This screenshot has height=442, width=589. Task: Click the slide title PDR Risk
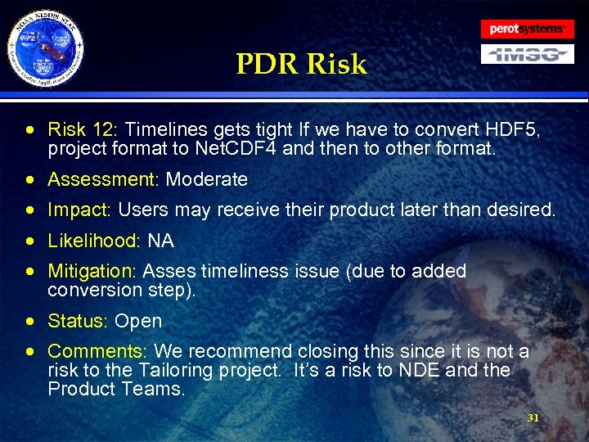[301, 64]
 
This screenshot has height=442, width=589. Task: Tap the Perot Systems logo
[528, 29]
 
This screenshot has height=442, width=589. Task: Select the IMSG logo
[528, 55]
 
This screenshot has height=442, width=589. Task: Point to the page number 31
[533, 417]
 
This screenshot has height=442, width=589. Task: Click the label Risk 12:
[83, 129]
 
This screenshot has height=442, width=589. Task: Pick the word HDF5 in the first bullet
[513, 129]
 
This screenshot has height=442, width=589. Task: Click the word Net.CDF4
[236, 148]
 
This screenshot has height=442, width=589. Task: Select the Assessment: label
[104, 179]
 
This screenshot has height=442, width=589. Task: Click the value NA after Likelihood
[161, 241]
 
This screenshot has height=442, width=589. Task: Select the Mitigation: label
[93, 271]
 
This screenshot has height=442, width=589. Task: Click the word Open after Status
[138, 321]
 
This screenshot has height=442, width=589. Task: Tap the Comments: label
[98, 351]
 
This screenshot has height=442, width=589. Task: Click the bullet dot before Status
[29, 322]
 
